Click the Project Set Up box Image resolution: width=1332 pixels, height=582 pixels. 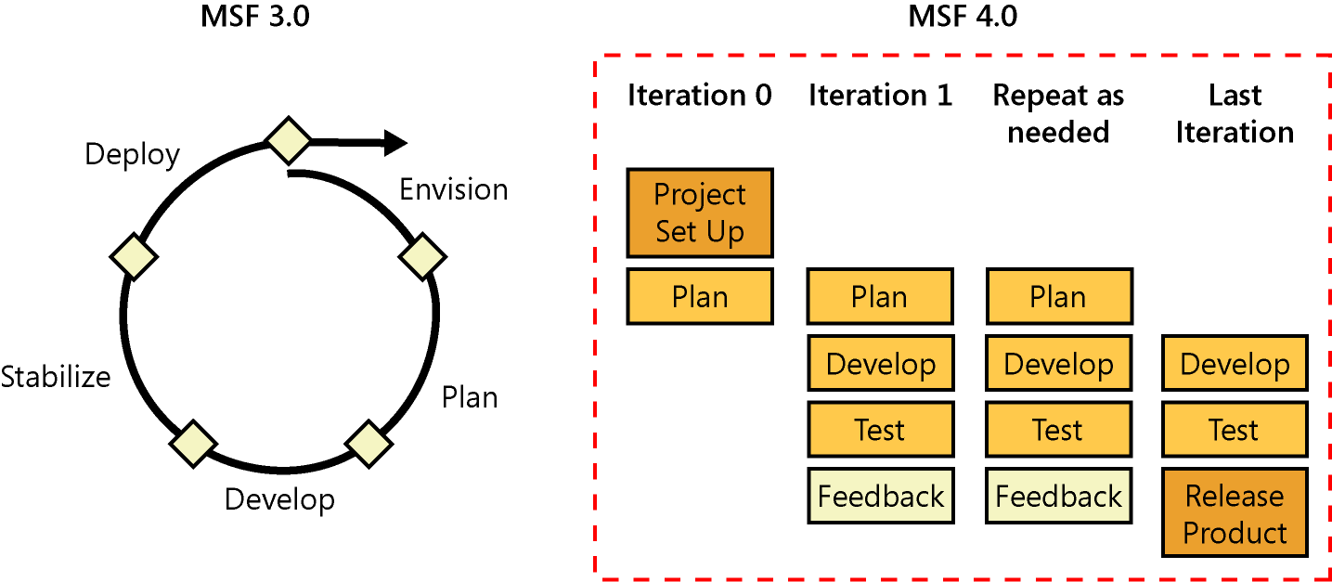point(700,213)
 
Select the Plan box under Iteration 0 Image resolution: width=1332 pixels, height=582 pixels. point(700,297)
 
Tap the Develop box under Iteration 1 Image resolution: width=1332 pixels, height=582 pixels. point(880,363)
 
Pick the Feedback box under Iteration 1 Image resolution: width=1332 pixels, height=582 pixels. point(880,497)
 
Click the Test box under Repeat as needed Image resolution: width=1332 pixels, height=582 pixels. point(1058,430)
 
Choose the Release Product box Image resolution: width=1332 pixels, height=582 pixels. point(1235,513)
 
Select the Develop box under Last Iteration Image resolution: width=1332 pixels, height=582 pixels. point(1235,363)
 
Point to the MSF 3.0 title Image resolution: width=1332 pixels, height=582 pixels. point(254,16)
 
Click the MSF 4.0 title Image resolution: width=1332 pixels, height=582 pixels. point(962,16)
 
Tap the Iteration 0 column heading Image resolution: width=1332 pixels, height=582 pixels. point(700,96)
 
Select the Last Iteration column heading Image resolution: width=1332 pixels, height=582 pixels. point(1235,113)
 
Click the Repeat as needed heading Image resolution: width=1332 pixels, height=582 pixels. point(1058,113)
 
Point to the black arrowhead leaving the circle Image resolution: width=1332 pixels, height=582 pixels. point(394,143)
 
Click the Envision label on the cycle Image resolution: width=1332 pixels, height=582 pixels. point(453,189)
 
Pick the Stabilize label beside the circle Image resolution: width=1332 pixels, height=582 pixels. point(56,377)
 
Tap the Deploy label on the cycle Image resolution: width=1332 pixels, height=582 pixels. point(132,154)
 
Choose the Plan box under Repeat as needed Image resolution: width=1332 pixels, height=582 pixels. point(1058,297)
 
